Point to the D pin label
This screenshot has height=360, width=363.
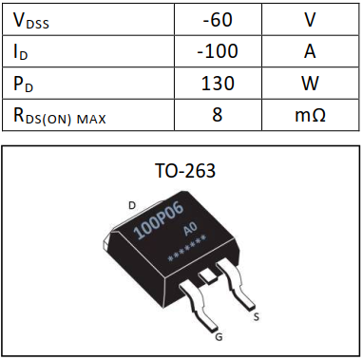pyautogui.click(x=132, y=204)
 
